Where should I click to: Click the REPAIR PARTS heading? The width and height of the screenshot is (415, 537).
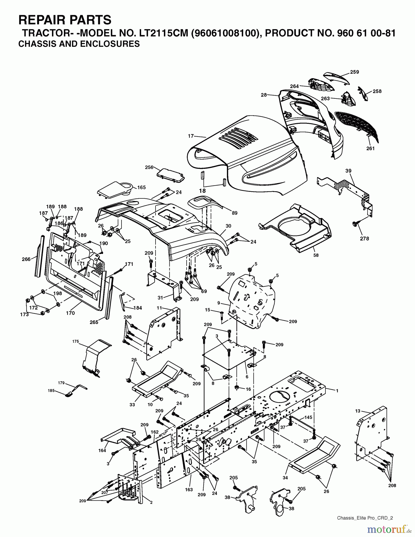(x=65, y=20)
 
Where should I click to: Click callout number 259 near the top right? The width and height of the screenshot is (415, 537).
(x=354, y=72)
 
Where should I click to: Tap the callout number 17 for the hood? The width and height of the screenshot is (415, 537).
(x=191, y=136)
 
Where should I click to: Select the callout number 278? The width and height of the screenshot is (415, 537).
(x=365, y=238)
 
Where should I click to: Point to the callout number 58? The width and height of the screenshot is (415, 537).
(x=316, y=255)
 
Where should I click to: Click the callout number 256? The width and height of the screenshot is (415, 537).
(x=149, y=167)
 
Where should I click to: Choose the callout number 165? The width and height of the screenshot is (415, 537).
(x=142, y=187)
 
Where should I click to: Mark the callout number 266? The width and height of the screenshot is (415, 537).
(x=26, y=259)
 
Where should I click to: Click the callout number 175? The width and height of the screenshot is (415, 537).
(x=76, y=341)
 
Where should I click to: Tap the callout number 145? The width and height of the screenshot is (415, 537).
(x=308, y=417)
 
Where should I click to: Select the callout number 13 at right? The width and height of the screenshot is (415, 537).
(x=358, y=411)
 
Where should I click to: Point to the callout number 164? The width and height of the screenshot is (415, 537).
(x=102, y=450)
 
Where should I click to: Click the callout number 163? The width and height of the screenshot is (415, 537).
(x=189, y=490)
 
